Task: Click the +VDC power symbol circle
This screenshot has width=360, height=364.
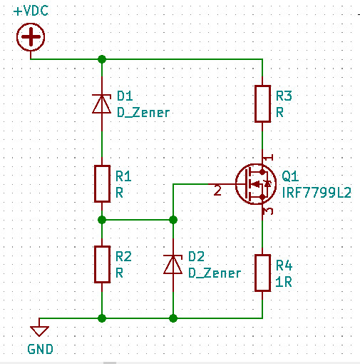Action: pos(31,37)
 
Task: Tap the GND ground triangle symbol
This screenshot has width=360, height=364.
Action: pos(39,330)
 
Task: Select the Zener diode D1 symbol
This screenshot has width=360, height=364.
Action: pos(102,103)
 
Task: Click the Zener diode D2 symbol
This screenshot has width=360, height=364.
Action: pos(173,264)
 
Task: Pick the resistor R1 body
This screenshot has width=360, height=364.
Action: pos(102,183)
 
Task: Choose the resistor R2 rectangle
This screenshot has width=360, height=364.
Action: pos(102,264)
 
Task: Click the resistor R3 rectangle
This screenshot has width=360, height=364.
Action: pos(262,103)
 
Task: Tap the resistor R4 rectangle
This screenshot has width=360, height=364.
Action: pos(262,273)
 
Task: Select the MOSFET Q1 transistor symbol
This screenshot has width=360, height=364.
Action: pos(256,183)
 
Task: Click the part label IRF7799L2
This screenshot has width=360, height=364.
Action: pos(317,193)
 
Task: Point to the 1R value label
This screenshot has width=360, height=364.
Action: pos(284,282)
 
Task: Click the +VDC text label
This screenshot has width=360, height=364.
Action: pos(31,11)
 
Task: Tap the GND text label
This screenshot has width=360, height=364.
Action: pos(40,349)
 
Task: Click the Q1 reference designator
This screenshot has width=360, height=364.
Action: pos(290,176)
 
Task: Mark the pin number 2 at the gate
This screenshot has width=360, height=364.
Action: pos(217,191)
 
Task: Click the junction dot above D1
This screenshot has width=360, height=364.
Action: pos(102,59)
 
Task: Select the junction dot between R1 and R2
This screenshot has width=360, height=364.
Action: pos(102,220)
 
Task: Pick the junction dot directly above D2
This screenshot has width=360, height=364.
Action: pos(173,220)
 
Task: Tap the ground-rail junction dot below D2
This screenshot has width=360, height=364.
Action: pos(173,318)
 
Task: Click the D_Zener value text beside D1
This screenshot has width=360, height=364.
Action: pos(143,113)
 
